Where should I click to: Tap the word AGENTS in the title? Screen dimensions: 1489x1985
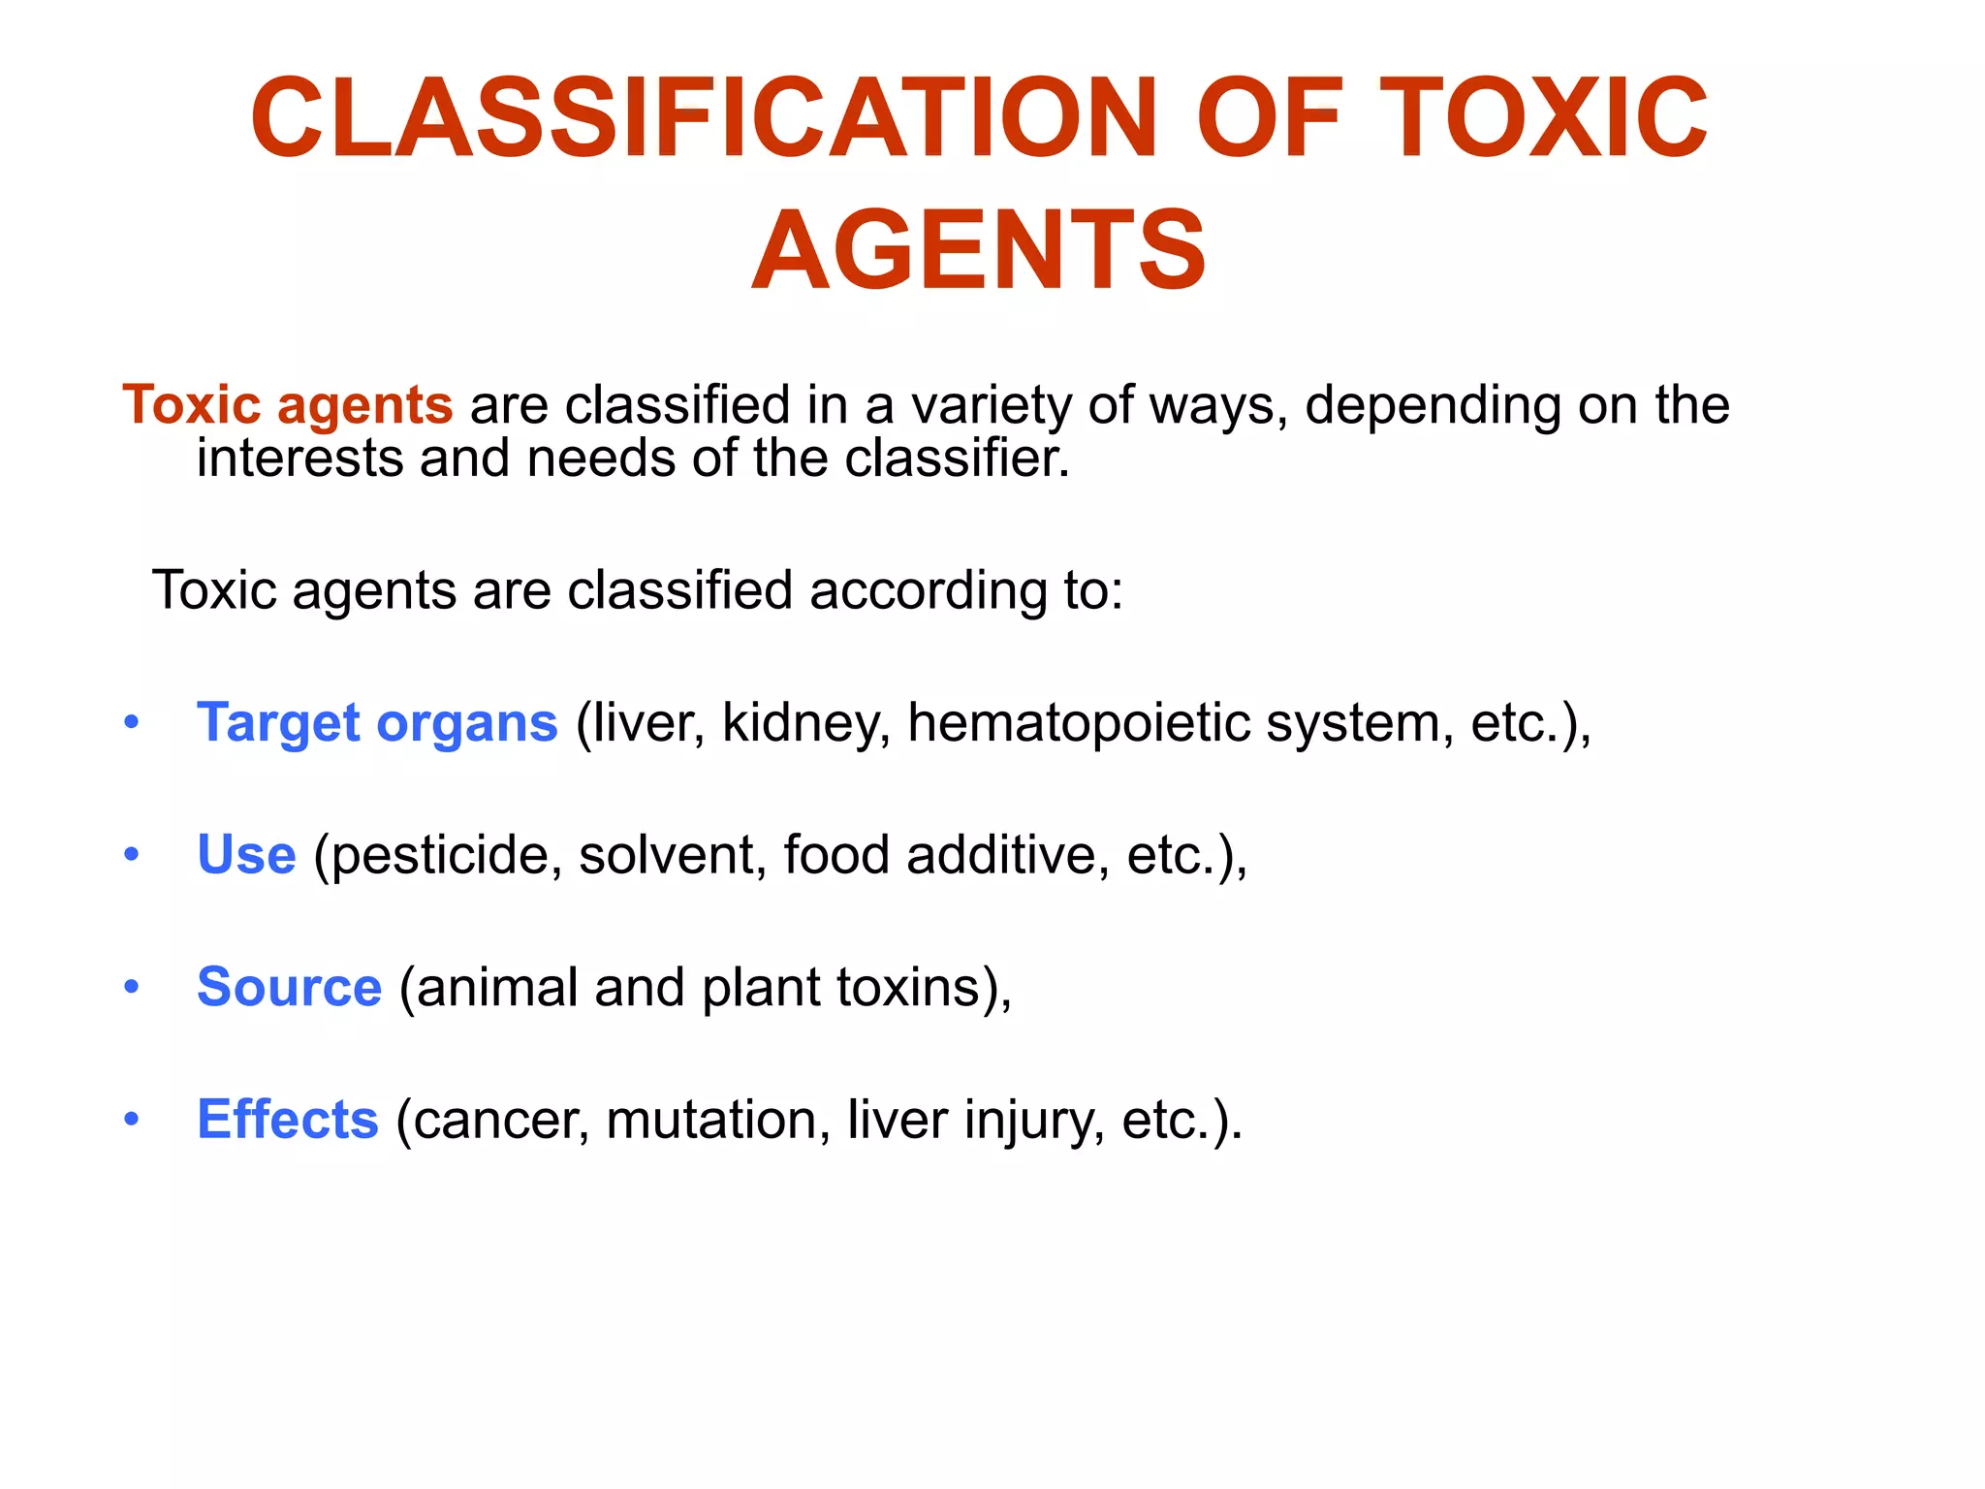[979, 250]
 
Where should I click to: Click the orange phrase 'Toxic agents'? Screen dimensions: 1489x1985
[287, 405]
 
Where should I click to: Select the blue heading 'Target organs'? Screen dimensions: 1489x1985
[377, 723]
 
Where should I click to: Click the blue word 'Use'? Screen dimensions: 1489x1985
[246, 855]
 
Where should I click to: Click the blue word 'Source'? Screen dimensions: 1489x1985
[289, 988]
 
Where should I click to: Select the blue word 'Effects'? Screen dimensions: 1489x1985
[287, 1120]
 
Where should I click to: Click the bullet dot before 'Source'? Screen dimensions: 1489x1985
[132, 988]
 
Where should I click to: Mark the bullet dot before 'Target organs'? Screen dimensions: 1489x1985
[132, 723]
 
